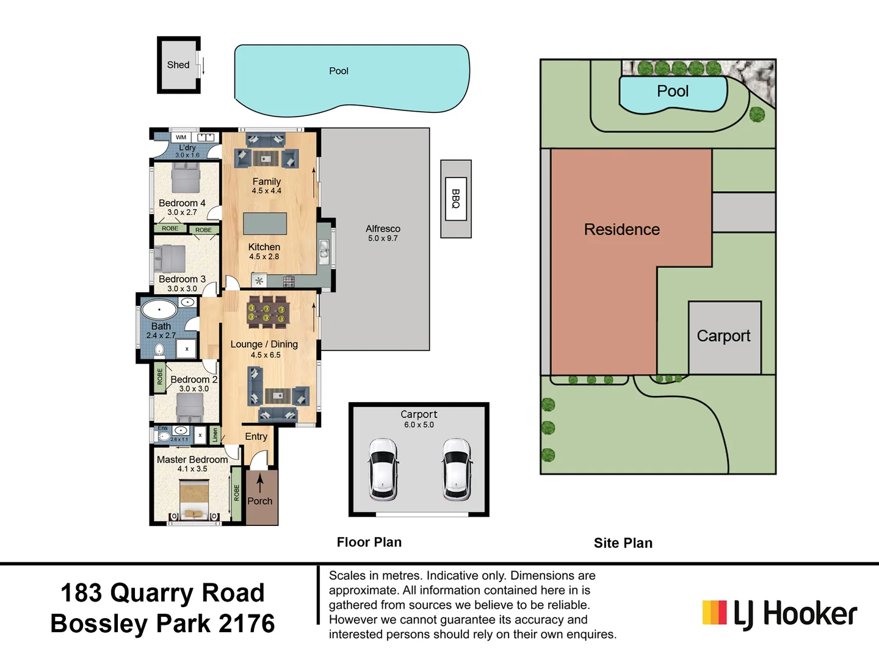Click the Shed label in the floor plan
click(178, 65)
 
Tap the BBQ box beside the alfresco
click(455, 198)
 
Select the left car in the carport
click(383, 469)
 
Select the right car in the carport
click(457, 469)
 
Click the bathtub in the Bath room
click(159, 309)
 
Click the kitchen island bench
click(265, 224)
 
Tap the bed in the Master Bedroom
click(194, 500)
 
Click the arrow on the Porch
click(260, 483)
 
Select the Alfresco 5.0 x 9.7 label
click(383, 232)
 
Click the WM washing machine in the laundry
click(181, 137)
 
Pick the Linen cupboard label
click(215, 435)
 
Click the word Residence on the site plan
click(621, 229)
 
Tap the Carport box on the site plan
click(724, 336)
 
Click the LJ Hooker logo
click(780, 613)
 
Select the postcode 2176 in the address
click(247, 624)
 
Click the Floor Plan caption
click(369, 542)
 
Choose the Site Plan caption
click(623, 543)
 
